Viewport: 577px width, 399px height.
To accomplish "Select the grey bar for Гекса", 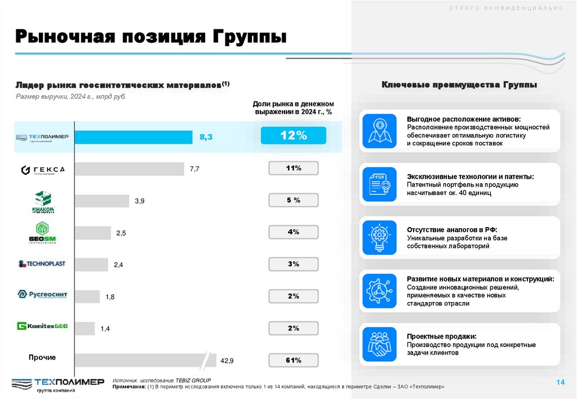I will pyautogui.click(x=129, y=169).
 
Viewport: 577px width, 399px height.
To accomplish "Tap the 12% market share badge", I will pyautogui.click(x=294, y=135).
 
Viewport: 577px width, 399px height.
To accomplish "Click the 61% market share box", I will pyautogui.click(x=294, y=360).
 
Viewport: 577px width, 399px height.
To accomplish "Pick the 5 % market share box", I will pyautogui.click(x=294, y=200).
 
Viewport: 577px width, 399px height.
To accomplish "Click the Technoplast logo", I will pyautogui.click(x=42, y=264).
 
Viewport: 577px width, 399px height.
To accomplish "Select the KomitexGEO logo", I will pyautogui.click(x=42, y=326).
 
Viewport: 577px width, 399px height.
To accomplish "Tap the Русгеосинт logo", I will pyautogui.click(x=42, y=294).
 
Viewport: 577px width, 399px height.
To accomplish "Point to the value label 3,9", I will pyautogui.click(x=140, y=201).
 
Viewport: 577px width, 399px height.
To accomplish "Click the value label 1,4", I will pyautogui.click(x=105, y=328).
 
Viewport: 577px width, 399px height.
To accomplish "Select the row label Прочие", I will pyautogui.click(x=42, y=357).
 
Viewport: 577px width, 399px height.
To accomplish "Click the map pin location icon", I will pyautogui.click(x=379, y=131).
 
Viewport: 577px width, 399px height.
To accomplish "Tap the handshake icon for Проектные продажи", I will pyautogui.click(x=379, y=344).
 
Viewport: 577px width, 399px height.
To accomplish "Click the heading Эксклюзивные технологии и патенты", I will pyautogui.click(x=470, y=176).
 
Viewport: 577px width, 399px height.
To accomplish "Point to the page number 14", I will pyautogui.click(x=560, y=383).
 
